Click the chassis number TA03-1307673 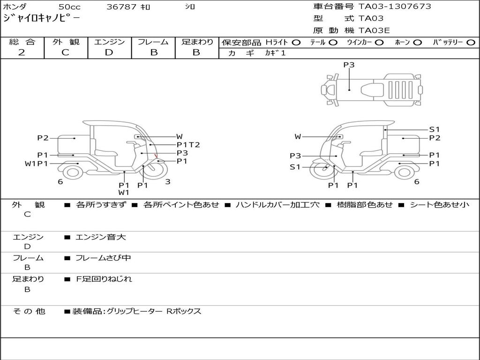tap(395, 7)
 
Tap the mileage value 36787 tap(121, 7)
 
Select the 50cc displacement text tap(69, 7)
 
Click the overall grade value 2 tap(22, 52)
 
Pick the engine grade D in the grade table tap(109, 52)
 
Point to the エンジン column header tap(109, 42)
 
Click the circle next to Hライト tap(296, 43)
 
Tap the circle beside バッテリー tap(471, 43)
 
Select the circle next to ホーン tap(417, 43)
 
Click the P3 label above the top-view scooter tap(349, 65)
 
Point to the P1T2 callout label tap(188, 145)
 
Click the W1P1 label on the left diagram tap(37, 164)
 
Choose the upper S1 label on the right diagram tap(435, 129)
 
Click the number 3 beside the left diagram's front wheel tap(168, 181)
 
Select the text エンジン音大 tap(100, 237)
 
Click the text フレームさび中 tap(103, 258)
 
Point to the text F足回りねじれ tap(104, 279)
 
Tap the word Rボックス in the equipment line tap(184, 311)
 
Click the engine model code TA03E tap(374, 30)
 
